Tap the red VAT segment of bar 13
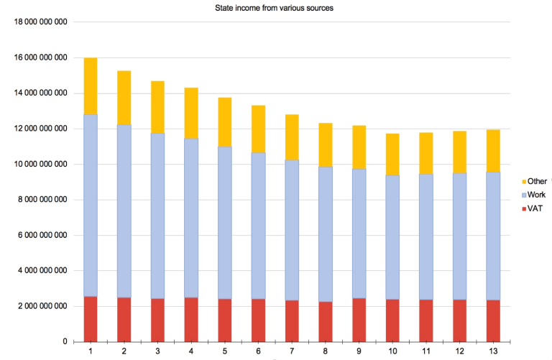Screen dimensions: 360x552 click(493, 320)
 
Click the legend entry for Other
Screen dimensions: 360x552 click(536, 181)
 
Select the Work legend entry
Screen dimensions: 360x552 click(535, 194)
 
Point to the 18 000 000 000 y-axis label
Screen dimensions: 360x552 click(41, 22)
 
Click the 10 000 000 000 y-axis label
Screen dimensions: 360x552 click(41, 164)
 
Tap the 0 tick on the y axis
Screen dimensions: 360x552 click(65, 341)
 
